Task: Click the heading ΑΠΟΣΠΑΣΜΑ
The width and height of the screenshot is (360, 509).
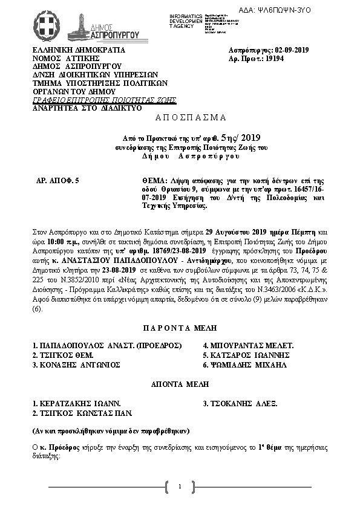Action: point(180,116)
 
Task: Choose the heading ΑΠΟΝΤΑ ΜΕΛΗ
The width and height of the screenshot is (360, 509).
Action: point(180,384)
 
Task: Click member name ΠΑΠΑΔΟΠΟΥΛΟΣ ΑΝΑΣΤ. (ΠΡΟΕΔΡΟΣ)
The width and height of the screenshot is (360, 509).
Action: point(108,345)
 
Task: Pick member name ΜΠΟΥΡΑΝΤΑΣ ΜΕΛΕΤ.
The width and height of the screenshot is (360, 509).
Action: point(248,345)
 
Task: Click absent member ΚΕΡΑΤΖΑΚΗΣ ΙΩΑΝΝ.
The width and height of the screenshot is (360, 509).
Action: point(77,402)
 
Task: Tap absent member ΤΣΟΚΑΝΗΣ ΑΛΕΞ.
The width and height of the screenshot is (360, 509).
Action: point(241,402)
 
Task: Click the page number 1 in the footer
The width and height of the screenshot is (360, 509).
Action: point(180,487)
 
